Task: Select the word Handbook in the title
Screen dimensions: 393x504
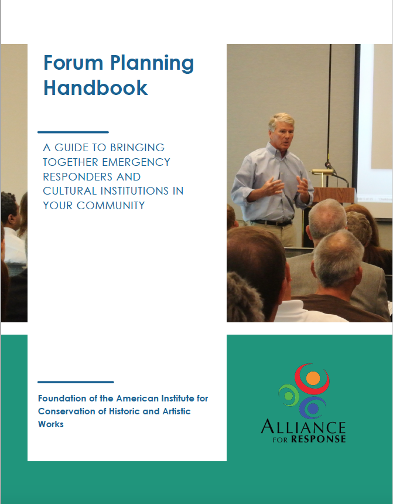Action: tap(95, 87)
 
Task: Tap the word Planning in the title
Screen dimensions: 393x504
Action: tap(152, 64)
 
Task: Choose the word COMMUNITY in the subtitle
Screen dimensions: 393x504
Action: tap(111, 205)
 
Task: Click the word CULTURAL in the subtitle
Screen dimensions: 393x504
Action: tap(70, 191)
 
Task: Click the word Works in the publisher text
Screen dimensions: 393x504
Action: tap(51, 424)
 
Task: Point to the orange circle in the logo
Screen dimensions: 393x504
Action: tap(313, 378)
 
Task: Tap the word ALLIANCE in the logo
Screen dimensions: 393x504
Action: tap(303, 427)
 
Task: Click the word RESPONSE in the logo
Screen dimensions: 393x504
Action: tap(318, 439)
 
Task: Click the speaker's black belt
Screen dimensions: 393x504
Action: tap(272, 223)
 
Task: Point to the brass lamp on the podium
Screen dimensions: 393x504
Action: tap(322, 172)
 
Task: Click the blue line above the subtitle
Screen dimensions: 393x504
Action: tap(73, 132)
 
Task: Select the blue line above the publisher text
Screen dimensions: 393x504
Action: tap(76, 382)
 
